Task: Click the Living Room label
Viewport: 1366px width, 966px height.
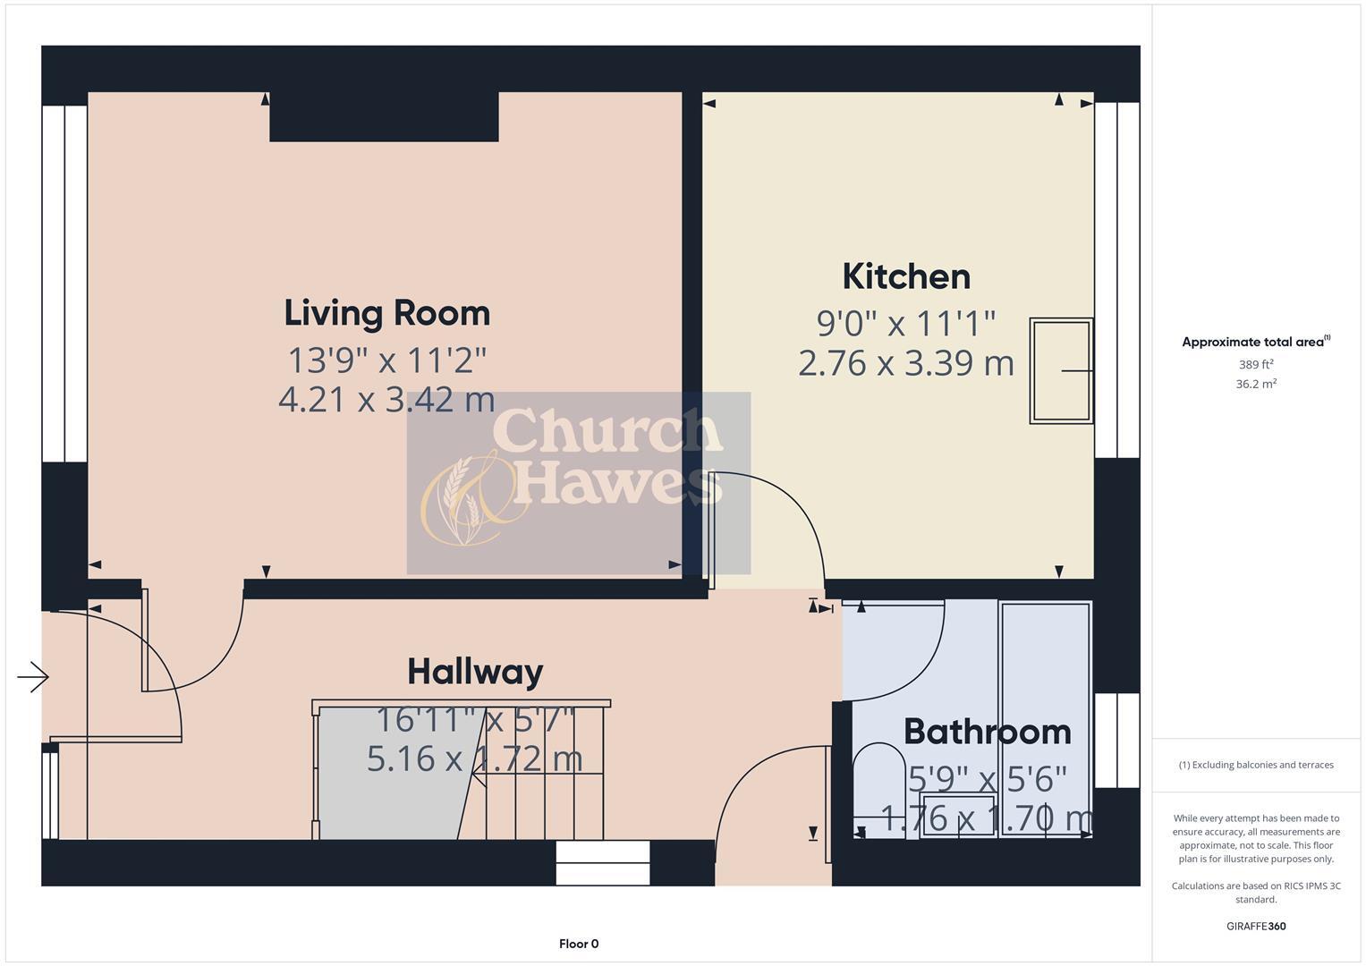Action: tap(386, 313)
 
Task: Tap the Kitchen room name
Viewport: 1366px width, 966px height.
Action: tap(906, 276)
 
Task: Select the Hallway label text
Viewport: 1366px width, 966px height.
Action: tap(475, 671)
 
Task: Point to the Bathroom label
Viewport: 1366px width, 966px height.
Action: tap(987, 732)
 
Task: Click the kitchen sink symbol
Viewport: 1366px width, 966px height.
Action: tap(1061, 370)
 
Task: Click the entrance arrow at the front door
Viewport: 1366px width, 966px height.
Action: tap(33, 677)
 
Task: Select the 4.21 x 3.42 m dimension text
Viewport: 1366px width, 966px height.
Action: tap(386, 399)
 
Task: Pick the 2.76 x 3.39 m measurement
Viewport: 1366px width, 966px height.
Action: tap(906, 363)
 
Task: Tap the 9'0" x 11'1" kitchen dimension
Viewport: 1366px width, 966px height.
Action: tap(906, 322)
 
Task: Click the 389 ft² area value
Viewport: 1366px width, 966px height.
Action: tap(1255, 365)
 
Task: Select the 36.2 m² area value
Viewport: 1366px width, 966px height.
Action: tap(1255, 384)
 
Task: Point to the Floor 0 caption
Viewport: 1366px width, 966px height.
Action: tap(579, 944)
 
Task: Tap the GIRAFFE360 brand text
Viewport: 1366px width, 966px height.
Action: tap(1255, 926)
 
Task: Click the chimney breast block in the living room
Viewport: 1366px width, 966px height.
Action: tap(384, 116)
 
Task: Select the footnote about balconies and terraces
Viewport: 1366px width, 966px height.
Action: tap(1255, 765)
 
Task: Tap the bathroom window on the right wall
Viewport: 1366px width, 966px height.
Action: tap(1116, 741)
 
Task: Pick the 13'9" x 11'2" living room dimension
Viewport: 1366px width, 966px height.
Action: tap(386, 360)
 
